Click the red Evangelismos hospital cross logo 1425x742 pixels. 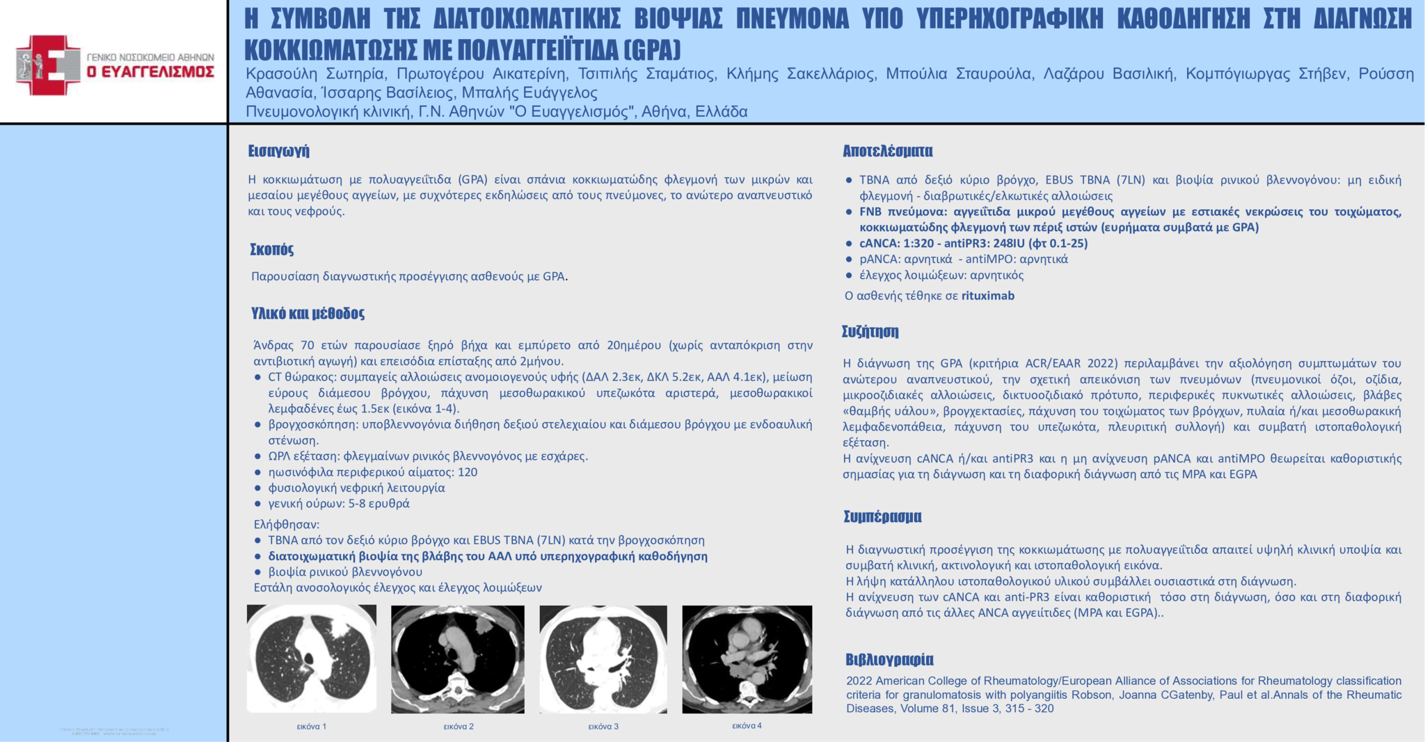[x=47, y=65]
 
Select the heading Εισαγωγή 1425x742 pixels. [x=278, y=151]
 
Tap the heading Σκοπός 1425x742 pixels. [x=271, y=249]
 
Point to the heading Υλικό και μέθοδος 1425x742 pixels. [x=308, y=313]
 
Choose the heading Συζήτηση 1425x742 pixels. [x=870, y=331]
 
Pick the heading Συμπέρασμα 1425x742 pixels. [x=882, y=516]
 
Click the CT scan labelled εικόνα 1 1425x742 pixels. [x=312, y=658]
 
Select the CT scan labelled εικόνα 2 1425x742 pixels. [x=458, y=659]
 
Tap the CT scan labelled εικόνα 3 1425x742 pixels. [x=603, y=659]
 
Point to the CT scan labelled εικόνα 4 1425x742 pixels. [x=747, y=659]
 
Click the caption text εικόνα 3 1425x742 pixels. [x=603, y=727]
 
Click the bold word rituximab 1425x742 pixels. [x=988, y=296]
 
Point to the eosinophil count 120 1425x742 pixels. [x=468, y=472]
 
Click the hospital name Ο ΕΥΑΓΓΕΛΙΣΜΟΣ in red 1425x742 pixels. [x=150, y=72]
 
